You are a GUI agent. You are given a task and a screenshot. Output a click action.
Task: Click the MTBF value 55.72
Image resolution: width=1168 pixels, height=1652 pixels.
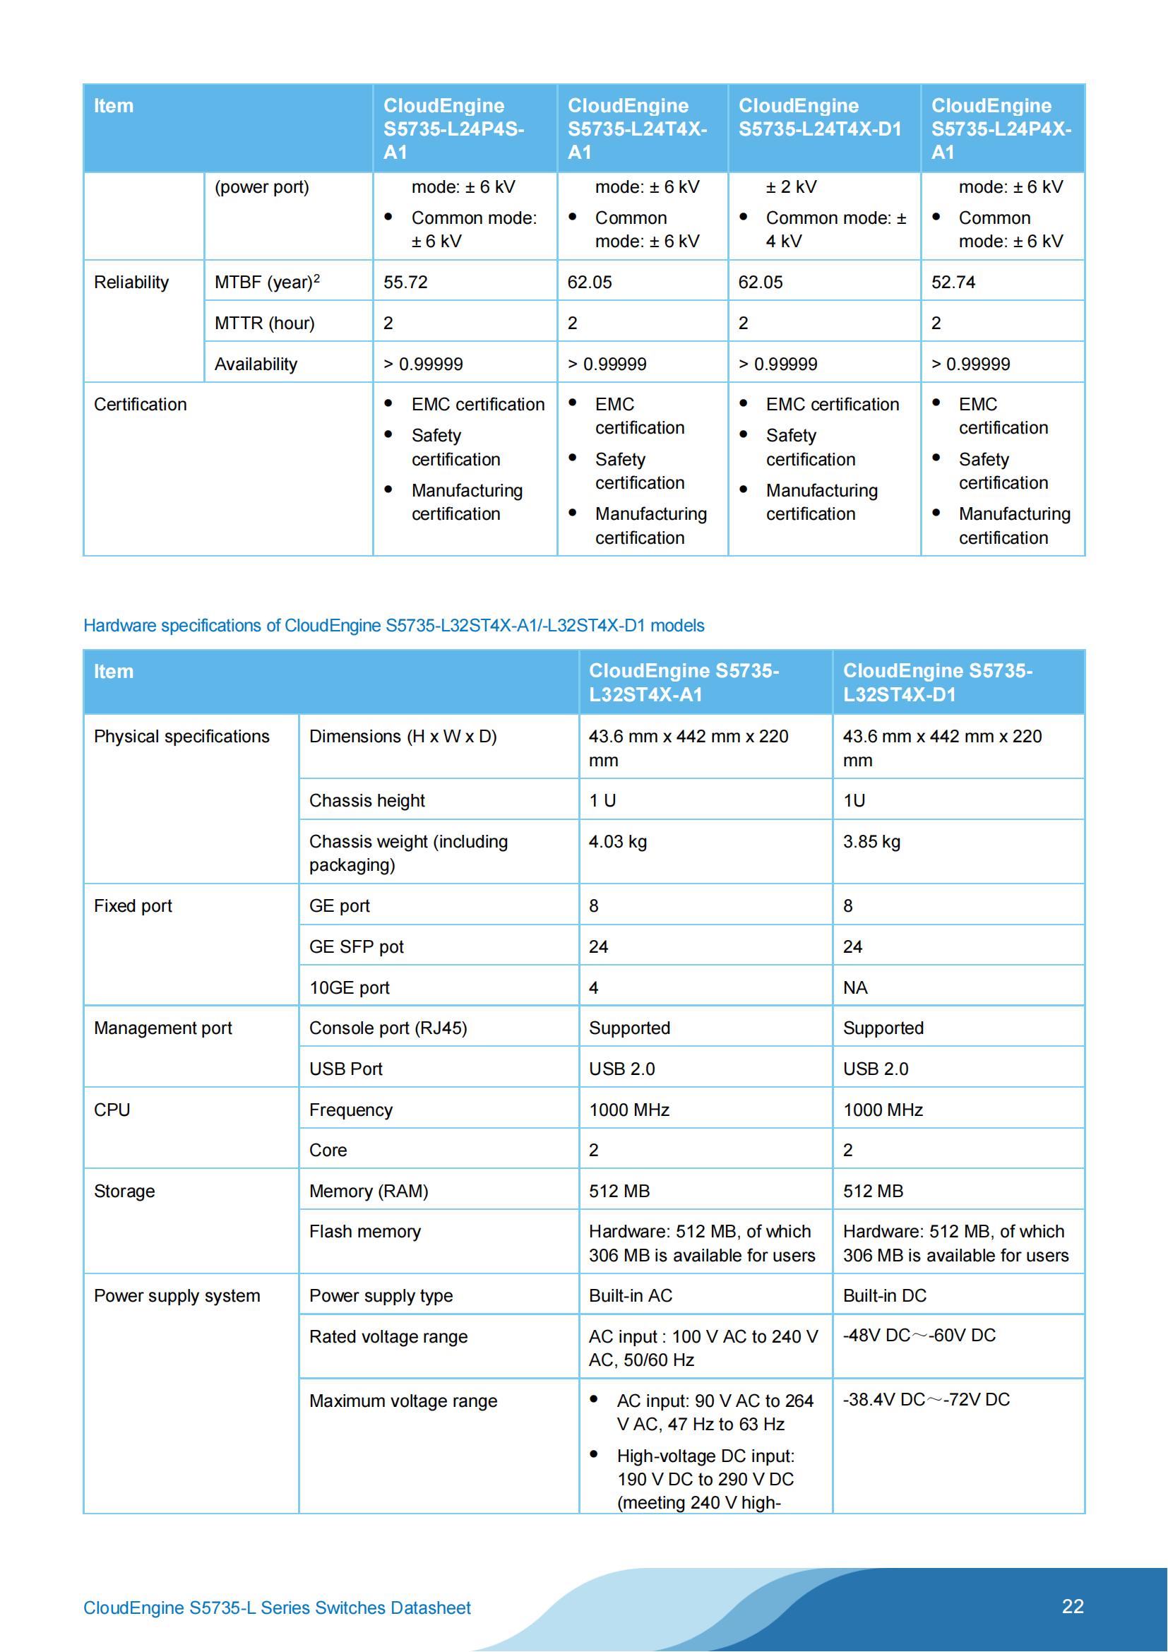[x=405, y=282]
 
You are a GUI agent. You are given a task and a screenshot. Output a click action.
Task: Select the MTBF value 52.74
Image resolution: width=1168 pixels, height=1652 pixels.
[x=953, y=282]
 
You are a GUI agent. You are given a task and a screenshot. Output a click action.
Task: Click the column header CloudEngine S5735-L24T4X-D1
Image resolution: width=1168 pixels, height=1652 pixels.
[x=819, y=117]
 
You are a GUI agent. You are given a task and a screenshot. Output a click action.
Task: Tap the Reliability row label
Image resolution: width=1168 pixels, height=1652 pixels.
[x=131, y=282]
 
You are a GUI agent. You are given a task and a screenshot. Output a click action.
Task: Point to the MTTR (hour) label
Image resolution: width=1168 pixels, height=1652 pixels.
[x=264, y=323]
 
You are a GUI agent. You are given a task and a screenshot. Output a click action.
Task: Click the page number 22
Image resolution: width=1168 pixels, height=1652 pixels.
[x=1073, y=1606]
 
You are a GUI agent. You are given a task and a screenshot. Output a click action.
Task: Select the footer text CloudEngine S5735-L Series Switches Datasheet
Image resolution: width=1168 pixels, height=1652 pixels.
[x=277, y=1608]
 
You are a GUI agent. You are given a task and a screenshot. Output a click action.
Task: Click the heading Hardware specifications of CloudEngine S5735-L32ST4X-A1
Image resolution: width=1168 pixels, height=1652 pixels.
[x=393, y=625]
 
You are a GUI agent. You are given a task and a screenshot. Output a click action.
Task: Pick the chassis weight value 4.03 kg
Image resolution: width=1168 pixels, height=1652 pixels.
[x=617, y=841]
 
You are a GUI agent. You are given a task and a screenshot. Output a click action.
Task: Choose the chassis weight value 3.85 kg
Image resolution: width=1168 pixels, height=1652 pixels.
[x=871, y=841]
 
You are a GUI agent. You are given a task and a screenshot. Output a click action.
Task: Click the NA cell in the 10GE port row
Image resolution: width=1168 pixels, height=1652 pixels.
[x=855, y=987]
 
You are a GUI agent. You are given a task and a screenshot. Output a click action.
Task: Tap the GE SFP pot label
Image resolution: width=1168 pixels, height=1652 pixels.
[x=356, y=946]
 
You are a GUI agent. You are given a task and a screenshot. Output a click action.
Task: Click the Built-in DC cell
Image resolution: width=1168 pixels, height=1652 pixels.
[x=884, y=1295]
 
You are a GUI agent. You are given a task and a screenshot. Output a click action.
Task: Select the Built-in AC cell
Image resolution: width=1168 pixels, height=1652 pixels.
[x=630, y=1295]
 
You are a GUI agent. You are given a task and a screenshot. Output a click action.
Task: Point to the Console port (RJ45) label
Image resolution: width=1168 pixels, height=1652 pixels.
[x=388, y=1028]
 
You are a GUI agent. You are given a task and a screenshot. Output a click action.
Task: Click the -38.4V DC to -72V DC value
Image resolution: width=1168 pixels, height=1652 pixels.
[x=926, y=1398]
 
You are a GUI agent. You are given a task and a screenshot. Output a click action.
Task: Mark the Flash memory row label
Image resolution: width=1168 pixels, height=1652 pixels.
[x=364, y=1231]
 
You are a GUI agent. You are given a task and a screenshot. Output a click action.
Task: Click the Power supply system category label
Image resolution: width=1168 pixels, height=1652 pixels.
[x=177, y=1295]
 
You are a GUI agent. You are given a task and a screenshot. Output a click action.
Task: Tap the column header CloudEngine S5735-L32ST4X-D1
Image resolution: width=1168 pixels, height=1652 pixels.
[x=937, y=682]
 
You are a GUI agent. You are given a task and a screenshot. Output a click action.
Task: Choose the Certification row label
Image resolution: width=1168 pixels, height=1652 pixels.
[x=141, y=405]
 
